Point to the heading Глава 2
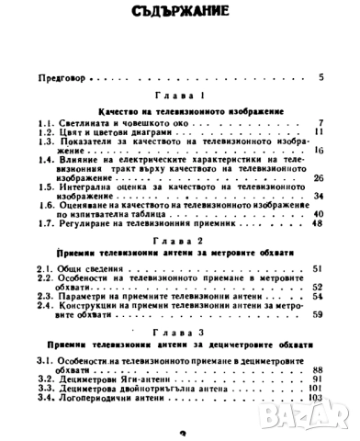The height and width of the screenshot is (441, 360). (x=179, y=236)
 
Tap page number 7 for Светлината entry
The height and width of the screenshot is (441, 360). (x=321, y=123)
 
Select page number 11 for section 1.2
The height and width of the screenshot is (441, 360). (x=318, y=132)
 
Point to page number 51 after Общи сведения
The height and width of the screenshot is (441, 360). (x=317, y=266)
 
